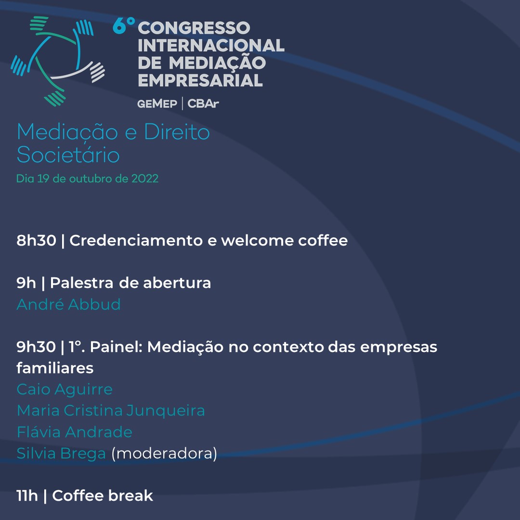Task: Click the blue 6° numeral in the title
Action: pyautogui.click(x=123, y=27)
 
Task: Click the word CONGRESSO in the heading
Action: pyautogui.click(x=194, y=28)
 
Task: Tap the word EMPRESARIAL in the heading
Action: pyautogui.click(x=200, y=79)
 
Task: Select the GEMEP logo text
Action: pyautogui.click(x=157, y=104)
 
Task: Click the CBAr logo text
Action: pyautogui.click(x=203, y=104)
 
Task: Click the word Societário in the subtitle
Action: pyautogui.click(x=68, y=156)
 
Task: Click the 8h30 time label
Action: pyautogui.click(x=36, y=241)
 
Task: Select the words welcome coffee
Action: pyautogui.click(x=285, y=241)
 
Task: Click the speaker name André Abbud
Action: pyautogui.click(x=68, y=304)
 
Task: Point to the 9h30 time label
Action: pyautogui.click(x=36, y=347)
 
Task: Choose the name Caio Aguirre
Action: pyautogui.click(x=65, y=389)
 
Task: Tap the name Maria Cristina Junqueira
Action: pyautogui.click(x=111, y=411)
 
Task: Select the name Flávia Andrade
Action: pyautogui.click(x=74, y=432)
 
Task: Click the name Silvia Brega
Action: pyautogui.click(x=61, y=454)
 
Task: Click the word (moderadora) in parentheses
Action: pyautogui.click(x=164, y=454)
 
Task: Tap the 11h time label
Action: pyautogui.click(x=27, y=495)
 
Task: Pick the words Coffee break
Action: pyautogui.click(x=103, y=495)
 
